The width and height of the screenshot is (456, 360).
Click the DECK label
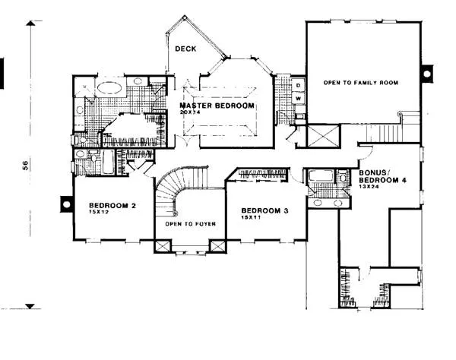coord(185,49)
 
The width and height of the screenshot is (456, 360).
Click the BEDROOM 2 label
coord(112,205)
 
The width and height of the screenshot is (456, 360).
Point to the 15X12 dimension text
coord(98,213)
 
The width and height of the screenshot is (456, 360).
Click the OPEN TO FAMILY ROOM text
coord(361,82)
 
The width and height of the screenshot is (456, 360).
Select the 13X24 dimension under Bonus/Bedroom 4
coord(369,187)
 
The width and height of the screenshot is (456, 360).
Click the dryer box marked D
coord(299,86)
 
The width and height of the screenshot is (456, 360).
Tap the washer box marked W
coord(299,99)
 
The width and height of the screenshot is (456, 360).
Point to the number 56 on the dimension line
coord(25,166)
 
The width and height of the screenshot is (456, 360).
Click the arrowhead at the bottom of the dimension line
coord(30,306)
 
